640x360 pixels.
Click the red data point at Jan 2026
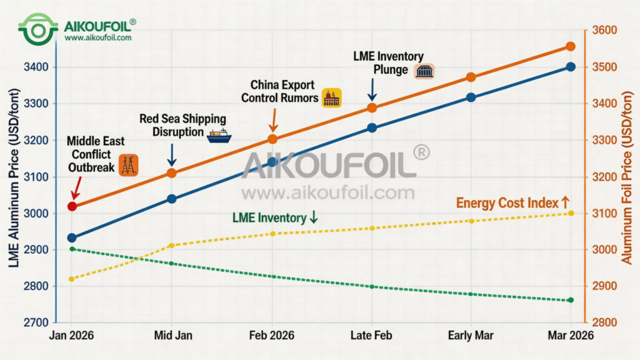click(72, 206)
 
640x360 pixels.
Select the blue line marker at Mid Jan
click(172, 199)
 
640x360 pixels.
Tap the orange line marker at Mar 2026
click(570, 46)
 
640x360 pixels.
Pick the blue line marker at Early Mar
click(471, 97)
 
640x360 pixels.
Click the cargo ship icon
click(219, 132)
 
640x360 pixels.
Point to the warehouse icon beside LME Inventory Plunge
click(424, 71)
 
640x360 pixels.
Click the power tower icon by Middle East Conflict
click(128, 164)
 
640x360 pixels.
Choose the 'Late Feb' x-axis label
click(371, 336)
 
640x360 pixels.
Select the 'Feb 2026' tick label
click(272, 336)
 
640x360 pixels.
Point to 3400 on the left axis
click(36, 67)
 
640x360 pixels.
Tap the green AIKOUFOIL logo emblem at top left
click(37, 28)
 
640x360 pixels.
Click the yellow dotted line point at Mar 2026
click(570, 213)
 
